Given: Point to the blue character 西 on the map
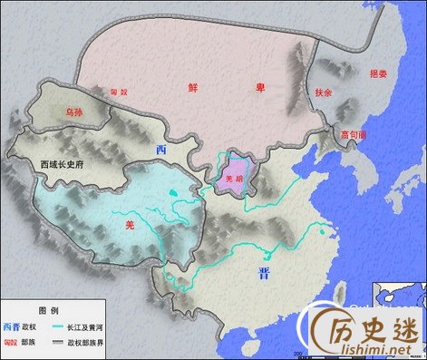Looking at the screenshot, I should point(161,149).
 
